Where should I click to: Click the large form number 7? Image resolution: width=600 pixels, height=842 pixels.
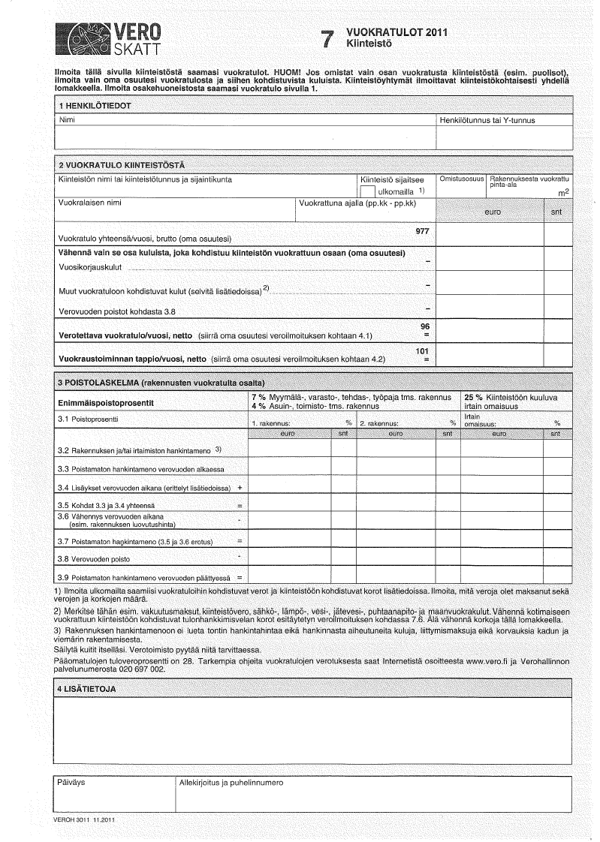[x=326, y=41]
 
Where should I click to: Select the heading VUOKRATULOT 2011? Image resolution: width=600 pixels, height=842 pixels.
[x=396, y=33]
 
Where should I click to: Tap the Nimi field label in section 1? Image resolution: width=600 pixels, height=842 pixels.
[x=66, y=120]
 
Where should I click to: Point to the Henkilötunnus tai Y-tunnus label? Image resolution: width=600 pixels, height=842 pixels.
[x=486, y=120]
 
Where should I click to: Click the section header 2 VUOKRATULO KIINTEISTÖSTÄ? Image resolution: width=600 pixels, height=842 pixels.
[x=121, y=165]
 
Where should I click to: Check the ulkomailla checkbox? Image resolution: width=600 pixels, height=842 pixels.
[x=367, y=192]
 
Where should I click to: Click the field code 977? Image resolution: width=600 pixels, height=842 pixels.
[x=422, y=230]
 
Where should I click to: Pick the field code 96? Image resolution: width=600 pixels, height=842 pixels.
[x=425, y=326]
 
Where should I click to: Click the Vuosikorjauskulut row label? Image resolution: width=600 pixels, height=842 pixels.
[x=89, y=267]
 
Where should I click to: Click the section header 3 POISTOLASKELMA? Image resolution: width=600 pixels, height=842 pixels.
[x=161, y=383]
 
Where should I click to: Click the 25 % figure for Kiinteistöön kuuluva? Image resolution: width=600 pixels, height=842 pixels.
[x=473, y=396]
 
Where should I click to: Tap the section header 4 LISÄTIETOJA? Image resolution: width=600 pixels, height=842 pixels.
[x=87, y=689]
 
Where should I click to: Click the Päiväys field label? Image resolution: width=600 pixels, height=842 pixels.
[x=72, y=782]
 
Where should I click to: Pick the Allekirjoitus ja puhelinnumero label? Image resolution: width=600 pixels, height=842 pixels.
[x=231, y=782]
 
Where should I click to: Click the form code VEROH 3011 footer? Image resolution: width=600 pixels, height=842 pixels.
[x=83, y=819]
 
